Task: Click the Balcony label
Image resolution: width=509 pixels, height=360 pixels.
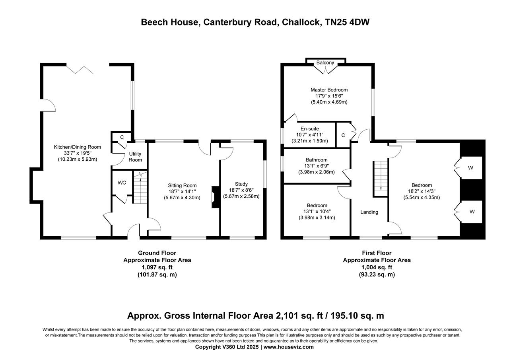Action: coord(325,63)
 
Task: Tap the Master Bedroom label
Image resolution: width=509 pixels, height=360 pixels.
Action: coord(329,90)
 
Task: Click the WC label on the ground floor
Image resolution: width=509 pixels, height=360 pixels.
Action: coord(122,183)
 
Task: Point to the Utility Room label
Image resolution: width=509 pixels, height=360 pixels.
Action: coord(135,157)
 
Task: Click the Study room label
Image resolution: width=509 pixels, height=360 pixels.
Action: coord(241,184)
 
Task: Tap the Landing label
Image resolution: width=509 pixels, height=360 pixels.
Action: coord(369,212)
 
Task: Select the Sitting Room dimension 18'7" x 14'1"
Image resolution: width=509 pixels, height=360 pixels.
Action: coord(182,192)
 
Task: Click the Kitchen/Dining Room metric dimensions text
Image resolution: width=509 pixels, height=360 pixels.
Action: coord(78,159)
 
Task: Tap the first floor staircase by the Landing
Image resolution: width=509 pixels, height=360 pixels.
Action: coord(381,179)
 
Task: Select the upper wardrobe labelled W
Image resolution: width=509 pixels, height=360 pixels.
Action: coord(470,168)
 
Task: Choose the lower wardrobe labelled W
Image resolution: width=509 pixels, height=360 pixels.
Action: coord(472,212)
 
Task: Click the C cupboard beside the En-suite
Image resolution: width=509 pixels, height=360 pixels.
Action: coord(343,135)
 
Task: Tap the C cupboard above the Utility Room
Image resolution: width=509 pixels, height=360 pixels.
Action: coord(122,137)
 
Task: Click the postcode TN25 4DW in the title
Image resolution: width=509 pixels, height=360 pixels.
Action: coord(347,22)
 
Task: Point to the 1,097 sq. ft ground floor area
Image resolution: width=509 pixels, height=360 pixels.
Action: coord(157,267)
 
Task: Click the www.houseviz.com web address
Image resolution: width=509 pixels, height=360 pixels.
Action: coord(288,347)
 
